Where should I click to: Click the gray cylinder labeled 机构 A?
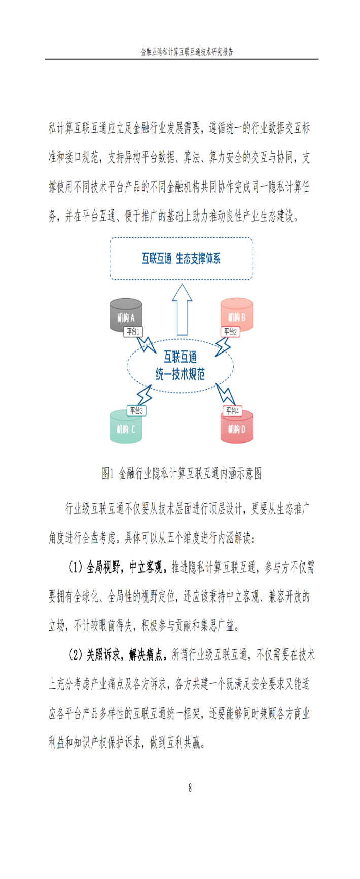126,315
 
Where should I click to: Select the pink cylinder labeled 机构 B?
237,315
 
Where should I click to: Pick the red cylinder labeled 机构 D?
237,427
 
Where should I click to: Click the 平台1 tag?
133,332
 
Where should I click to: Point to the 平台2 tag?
230,332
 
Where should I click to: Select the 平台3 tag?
136,410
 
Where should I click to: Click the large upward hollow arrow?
182,309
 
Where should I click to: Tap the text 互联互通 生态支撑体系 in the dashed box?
181,259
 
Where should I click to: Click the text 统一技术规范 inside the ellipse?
181,375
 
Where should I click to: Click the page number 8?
190,788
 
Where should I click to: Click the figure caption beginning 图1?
182,474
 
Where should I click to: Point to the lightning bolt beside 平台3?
145,395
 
